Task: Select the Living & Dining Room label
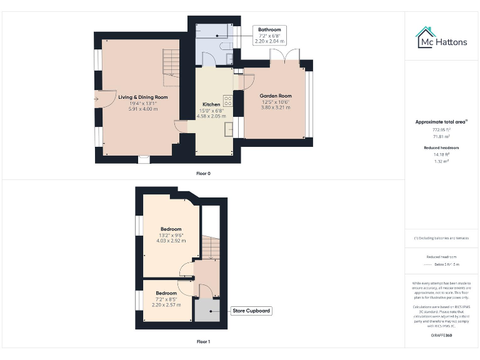(x=143, y=97)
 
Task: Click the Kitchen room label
(x=211, y=104)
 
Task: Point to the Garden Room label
(x=276, y=96)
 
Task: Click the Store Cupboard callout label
(x=251, y=310)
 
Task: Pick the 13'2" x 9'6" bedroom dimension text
(x=171, y=235)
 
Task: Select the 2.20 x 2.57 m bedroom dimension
(x=166, y=304)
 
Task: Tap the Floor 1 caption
(x=203, y=342)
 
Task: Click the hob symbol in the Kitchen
(x=228, y=102)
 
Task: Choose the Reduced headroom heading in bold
(x=441, y=147)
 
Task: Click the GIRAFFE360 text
(x=441, y=336)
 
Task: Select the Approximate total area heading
(x=441, y=122)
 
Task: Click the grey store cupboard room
(x=207, y=310)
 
